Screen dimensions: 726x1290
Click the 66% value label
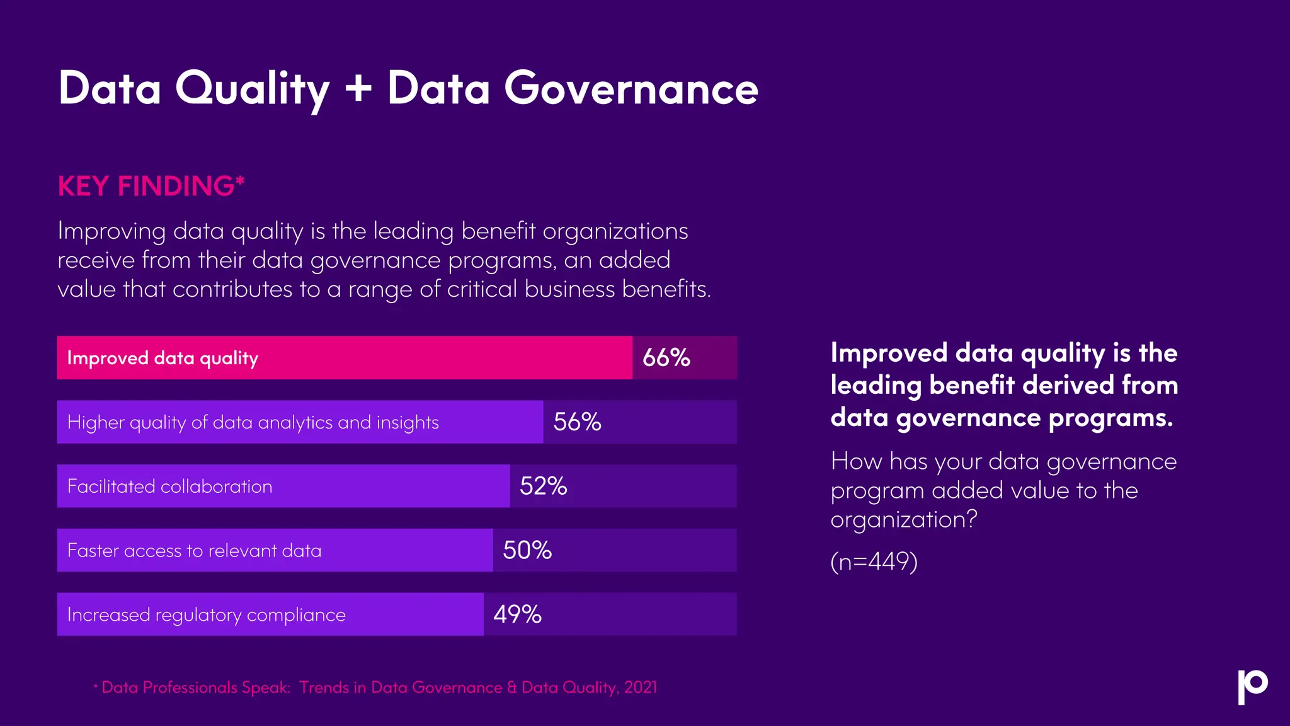[666, 358]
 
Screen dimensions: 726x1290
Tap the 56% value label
[577, 422]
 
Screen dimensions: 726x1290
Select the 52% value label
[543, 487]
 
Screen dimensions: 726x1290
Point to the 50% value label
[527, 551]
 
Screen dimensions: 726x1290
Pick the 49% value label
[517, 614]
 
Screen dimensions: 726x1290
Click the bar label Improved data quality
[163, 358]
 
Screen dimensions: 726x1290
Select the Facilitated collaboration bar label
[169, 487]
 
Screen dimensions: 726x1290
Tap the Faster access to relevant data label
[194, 551]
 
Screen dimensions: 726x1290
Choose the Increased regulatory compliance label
[206, 614]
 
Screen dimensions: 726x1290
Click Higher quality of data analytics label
[253, 422]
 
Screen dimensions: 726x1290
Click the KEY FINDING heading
[146, 187]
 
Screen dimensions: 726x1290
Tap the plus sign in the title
[358, 89]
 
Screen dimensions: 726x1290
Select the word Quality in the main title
[252, 89]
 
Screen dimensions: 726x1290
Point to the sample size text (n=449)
[874, 561]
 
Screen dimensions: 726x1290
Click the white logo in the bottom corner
[1252, 686]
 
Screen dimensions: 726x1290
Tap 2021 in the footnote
[641, 688]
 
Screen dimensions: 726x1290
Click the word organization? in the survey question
[903, 520]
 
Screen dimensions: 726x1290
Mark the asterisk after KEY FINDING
[239, 181]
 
